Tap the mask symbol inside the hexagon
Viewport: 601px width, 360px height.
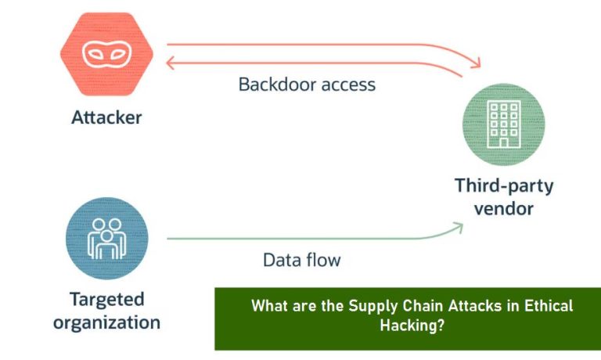point(106,53)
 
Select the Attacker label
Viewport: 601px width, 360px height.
point(106,118)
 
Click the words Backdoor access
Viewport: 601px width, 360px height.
point(307,84)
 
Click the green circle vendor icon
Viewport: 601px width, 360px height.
point(503,124)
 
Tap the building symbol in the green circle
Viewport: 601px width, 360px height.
point(503,124)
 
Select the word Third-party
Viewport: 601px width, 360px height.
point(504,186)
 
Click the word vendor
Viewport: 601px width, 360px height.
point(504,209)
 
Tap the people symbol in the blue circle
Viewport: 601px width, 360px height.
point(106,237)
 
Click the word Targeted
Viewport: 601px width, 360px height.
point(106,299)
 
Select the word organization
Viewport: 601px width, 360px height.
point(106,322)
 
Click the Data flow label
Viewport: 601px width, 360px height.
point(301,260)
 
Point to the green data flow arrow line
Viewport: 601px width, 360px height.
point(313,237)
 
